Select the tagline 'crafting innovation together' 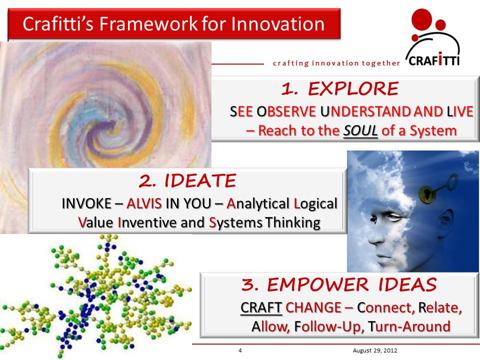[336, 63]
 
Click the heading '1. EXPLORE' [340, 88]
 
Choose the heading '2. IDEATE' [187, 181]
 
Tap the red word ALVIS [145, 203]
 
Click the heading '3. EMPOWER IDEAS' [339, 284]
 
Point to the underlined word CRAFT [261, 307]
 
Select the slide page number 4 [240, 350]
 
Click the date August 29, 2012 [374, 350]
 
